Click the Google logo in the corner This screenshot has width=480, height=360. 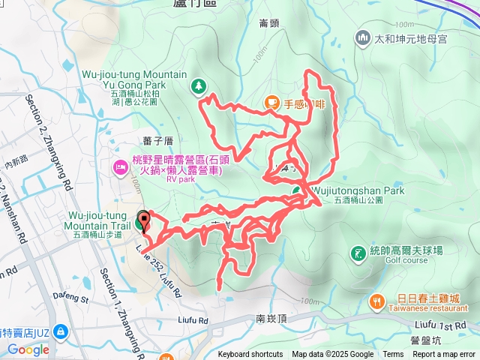pos(28,349)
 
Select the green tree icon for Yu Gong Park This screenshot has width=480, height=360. pos(198,87)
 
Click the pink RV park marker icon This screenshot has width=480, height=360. pos(118,165)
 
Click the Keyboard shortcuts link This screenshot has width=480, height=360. pos(250,355)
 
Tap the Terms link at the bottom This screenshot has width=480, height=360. pos(393,355)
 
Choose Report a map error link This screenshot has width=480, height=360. pos(443,355)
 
